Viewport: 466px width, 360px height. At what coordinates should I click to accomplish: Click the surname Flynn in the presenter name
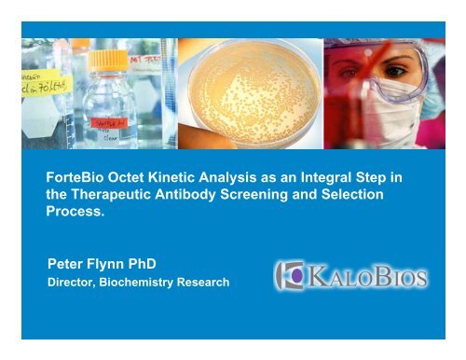[x=115, y=264]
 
